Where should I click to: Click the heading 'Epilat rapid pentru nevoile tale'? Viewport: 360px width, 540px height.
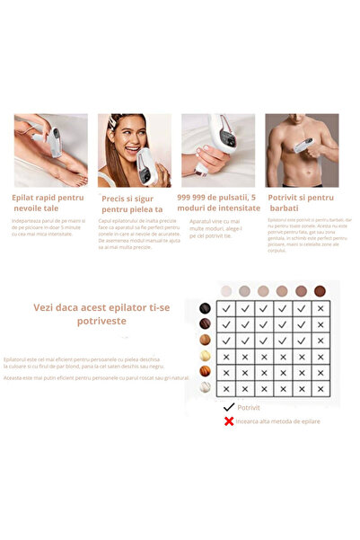49,201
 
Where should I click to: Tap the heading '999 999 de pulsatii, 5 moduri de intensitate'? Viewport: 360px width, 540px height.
219,202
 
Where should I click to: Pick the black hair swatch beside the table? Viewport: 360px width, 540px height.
206,308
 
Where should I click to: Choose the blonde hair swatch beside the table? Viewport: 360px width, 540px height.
206,357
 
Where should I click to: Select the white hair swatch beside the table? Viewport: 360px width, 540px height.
206,388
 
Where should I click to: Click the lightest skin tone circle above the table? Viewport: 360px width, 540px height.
225,290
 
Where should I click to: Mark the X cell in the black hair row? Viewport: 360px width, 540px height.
321,308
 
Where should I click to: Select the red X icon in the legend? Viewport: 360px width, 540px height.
230,420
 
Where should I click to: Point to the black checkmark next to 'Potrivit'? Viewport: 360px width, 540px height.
230,406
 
